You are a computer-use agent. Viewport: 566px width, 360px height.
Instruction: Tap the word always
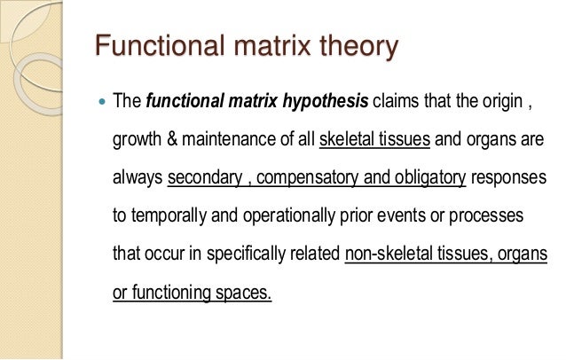pos(138,177)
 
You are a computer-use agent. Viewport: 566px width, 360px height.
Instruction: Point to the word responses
pos(509,177)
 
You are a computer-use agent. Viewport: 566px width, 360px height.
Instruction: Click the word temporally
pos(176,215)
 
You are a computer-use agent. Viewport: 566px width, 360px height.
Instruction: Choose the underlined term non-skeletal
pos(389,254)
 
